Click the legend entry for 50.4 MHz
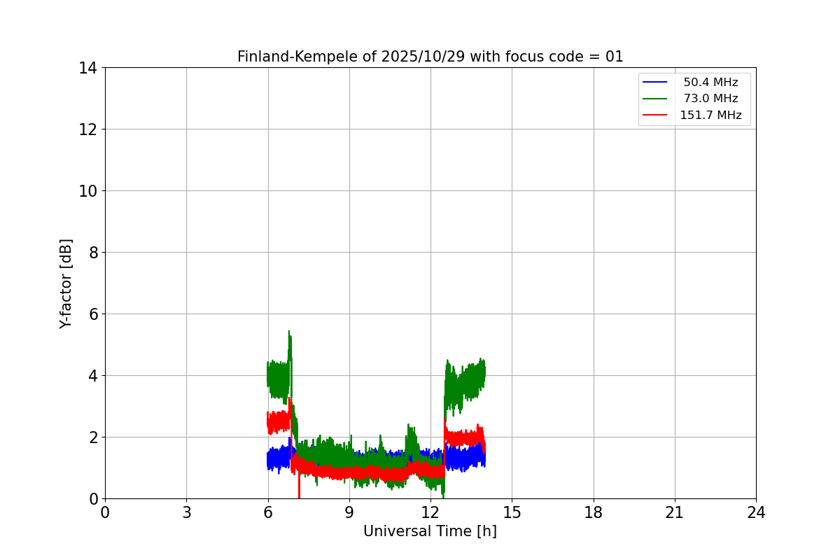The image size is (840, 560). click(x=710, y=83)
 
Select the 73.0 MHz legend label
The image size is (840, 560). click(x=710, y=99)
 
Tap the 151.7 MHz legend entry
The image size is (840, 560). click(x=710, y=115)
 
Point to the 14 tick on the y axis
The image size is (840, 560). click(x=87, y=68)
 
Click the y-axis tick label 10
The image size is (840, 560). click(x=87, y=191)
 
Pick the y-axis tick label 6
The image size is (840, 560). click(x=92, y=314)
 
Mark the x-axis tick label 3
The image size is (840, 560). click(x=186, y=512)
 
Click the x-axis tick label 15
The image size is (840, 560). click(x=512, y=512)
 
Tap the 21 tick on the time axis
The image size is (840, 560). click(x=675, y=512)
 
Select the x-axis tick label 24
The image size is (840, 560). click(x=756, y=512)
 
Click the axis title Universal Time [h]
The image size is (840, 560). click(x=430, y=531)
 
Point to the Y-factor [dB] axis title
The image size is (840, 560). click(x=66, y=283)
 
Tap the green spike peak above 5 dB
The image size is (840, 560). click(x=288, y=332)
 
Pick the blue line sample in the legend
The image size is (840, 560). click(x=654, y=83)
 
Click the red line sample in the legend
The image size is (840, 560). click(x=654, y=115)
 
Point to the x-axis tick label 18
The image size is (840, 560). click(x=594, y=512)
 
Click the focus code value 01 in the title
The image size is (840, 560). click(x=614, y=57)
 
